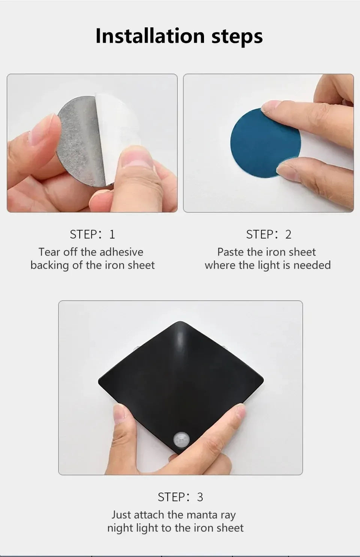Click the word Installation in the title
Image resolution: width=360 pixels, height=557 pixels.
(x=150, y=36)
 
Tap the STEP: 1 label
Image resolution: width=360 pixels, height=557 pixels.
(x=92, y=234)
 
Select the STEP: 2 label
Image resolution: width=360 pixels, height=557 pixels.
(x=269, y=234)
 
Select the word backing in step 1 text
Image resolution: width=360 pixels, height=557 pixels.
(x=49, y=266)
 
